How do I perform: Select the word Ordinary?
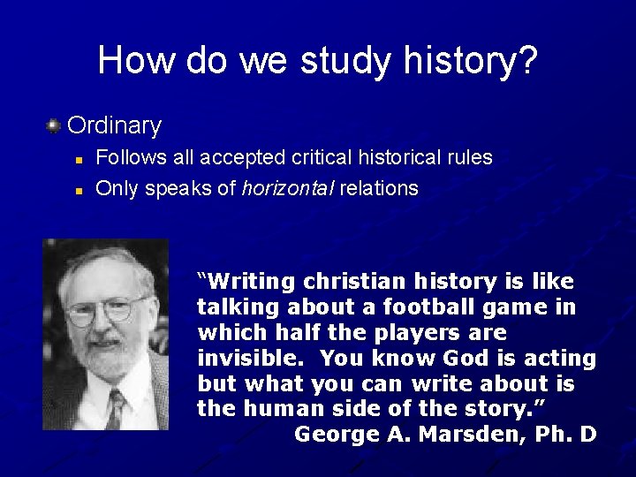click(x=114, y=125)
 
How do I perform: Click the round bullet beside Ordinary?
click(x=53, y=125)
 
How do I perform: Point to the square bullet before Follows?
click(x=78, y=160)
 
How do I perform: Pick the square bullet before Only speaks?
click(x=78, y=190)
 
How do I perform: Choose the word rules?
click(x=468, y=158)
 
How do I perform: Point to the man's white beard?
click(x=106, y=358)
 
